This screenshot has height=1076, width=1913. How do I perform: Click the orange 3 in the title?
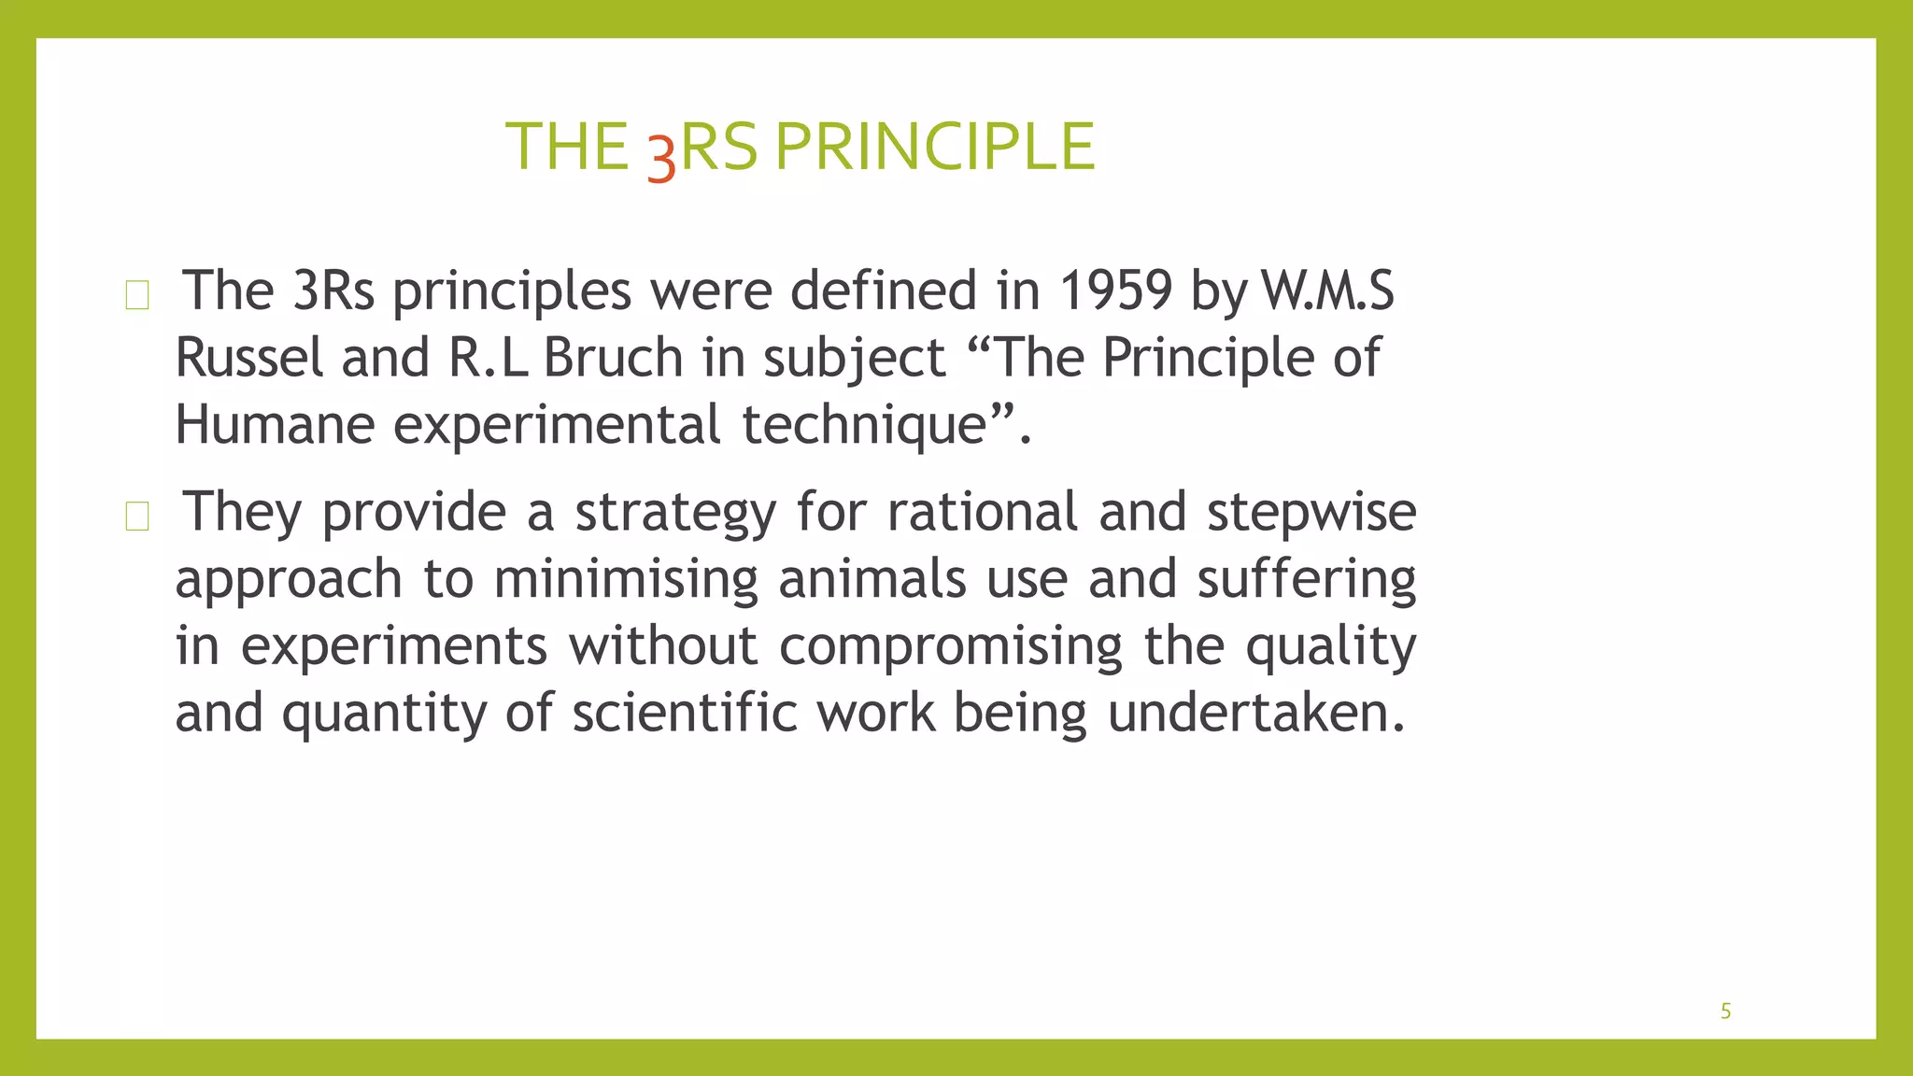point(661,157)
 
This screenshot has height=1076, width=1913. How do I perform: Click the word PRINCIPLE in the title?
point(934,148)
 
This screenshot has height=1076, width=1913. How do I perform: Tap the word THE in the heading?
point(567,148)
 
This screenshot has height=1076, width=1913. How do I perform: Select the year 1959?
point(1115,290)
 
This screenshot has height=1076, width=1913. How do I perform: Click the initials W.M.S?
point(1327,290)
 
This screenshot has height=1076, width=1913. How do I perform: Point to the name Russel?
point(248,358)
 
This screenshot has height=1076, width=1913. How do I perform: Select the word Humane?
point(275,425)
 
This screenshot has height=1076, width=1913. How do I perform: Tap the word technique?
point(865,425)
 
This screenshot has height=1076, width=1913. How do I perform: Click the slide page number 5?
point(1725,1012)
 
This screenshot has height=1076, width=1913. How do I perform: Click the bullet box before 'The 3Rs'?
point(137,295)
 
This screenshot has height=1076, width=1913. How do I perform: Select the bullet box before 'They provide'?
point(137,516)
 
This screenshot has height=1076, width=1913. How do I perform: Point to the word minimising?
point(626,579)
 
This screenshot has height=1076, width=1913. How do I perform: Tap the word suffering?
point(1307,579)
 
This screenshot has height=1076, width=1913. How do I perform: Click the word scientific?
point(685,714)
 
